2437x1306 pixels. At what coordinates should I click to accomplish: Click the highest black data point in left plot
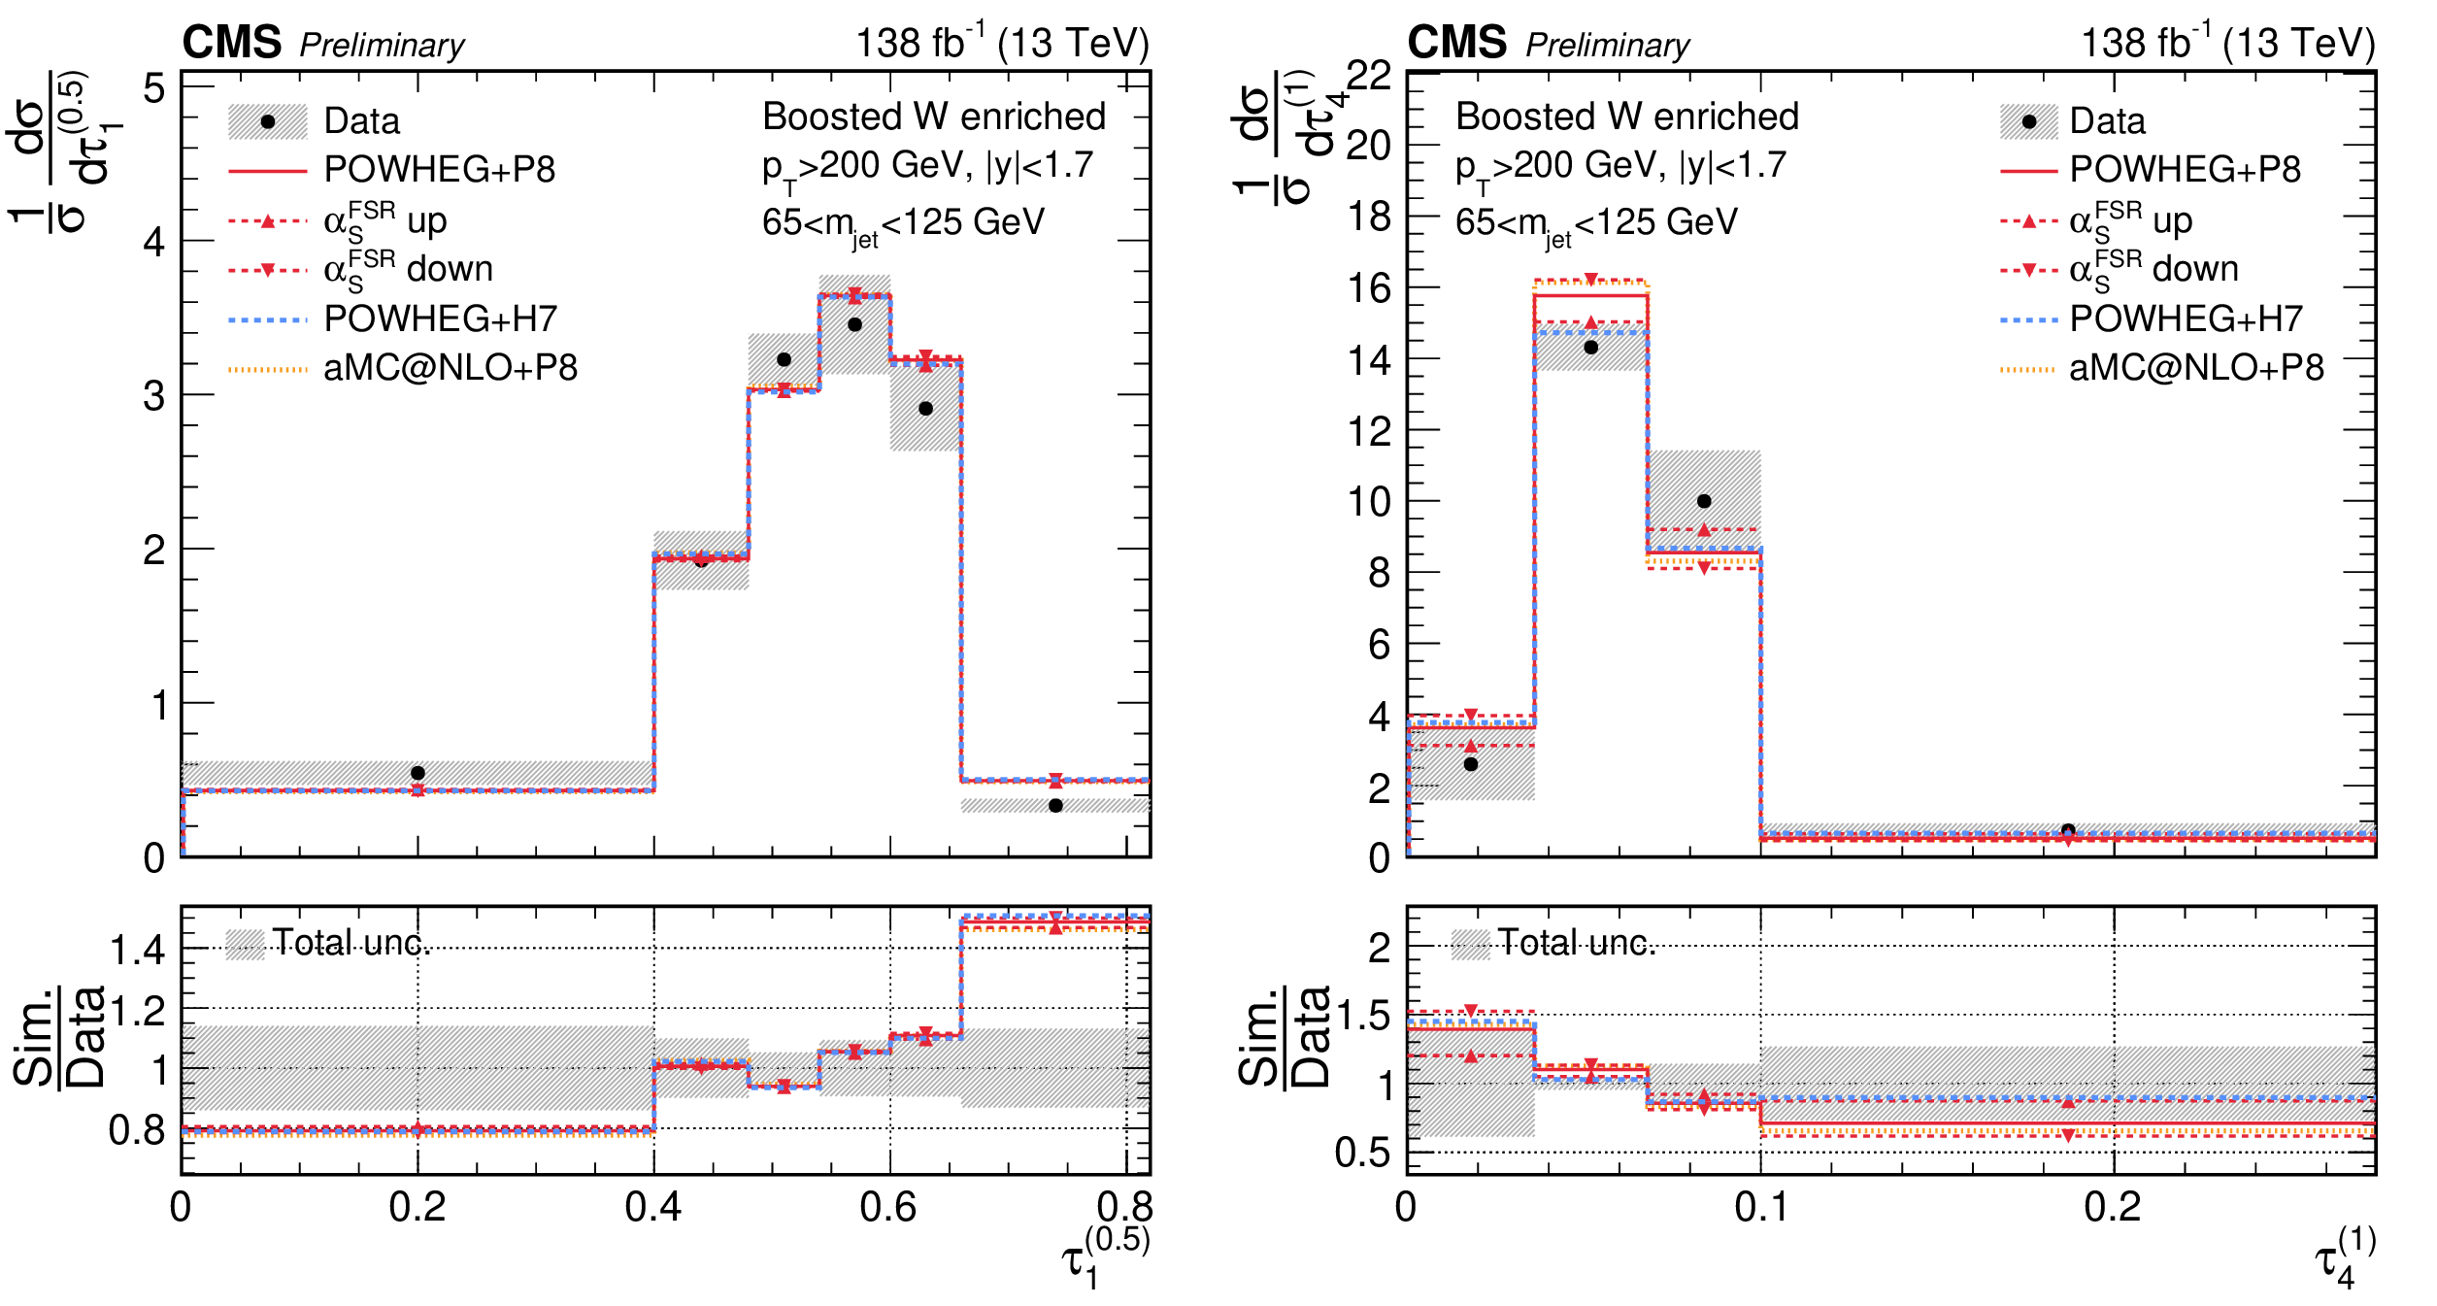(x=854, y=324)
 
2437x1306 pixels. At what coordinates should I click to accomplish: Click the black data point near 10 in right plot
(x=1704, y=501)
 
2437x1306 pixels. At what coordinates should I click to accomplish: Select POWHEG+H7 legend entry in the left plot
(x=440, y=318)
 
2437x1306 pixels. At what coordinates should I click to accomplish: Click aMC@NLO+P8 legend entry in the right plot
(x=2196, y=368)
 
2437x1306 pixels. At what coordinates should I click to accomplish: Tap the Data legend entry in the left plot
(x=361, y=121)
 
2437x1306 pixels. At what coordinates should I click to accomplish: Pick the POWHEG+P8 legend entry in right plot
(x=2185, y=170)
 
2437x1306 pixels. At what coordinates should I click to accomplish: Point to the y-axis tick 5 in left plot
(x=154, y=89)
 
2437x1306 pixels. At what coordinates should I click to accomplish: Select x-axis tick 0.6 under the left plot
(x=888, y=1207)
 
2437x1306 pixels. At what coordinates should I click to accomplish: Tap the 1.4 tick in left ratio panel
(x=138, y=949)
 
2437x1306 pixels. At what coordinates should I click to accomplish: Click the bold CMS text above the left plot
(x=232, y=43)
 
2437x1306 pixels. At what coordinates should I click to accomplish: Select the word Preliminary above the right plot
(x=1607, y=45)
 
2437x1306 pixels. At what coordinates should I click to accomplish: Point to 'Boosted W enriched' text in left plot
(x=934, y=117)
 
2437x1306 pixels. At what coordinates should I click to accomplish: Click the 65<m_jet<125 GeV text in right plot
(x=1596, y=223)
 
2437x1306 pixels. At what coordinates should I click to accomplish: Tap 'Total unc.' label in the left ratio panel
(x=351, y=943)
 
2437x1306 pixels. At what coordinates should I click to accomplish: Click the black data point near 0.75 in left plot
(x=1055, y=805)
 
